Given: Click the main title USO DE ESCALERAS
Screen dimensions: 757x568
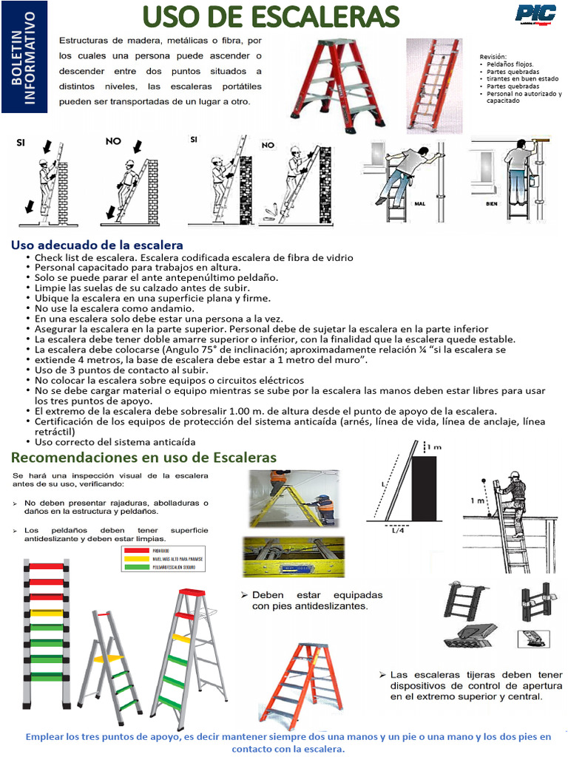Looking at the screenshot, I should pyautogui.click(x=270, y=16).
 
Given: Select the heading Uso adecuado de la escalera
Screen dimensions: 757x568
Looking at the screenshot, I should pyautogui.click(x=97, y=245).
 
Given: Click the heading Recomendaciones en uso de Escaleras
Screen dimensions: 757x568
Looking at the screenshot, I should pyautogui.click(x=143, y=458).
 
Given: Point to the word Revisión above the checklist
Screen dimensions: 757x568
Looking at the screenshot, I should pyautogui.click(x=493, y=56).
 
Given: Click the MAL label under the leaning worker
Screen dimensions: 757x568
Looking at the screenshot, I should pyautogui.click(x=419, y=203).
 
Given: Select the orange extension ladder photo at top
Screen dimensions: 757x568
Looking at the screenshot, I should pyautogui.click(x=433, y=85).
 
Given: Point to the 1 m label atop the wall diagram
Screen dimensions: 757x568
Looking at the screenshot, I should pyautogui.click(x=436, y=447).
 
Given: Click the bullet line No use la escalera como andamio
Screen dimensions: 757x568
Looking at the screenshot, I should pyautogui.click(x=104, y=308).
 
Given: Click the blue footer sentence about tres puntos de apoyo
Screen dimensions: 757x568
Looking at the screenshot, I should pyautogui.click(x=288, y=742).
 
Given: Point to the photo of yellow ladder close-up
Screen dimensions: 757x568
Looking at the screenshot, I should pyautogui.click(x=294, y=556).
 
